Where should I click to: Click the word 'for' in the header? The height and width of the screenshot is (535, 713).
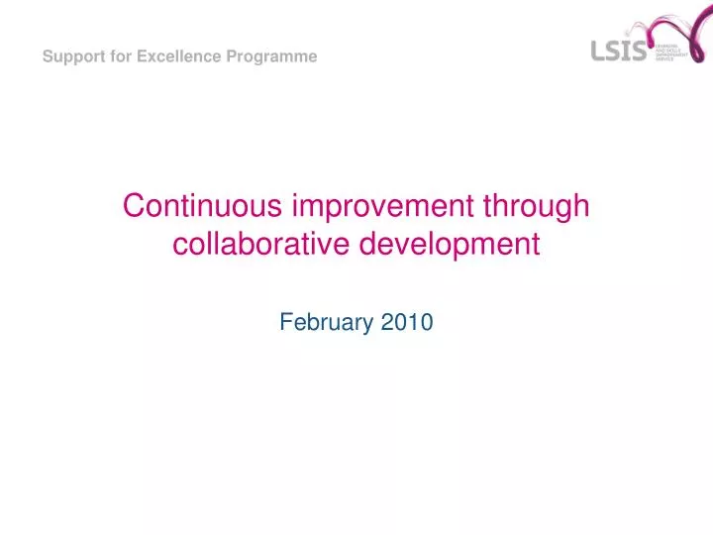tap(119, 56)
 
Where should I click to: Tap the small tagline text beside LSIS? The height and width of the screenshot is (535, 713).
tap(670, 53)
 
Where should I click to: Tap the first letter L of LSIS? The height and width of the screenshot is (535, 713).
tap(598, 51)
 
